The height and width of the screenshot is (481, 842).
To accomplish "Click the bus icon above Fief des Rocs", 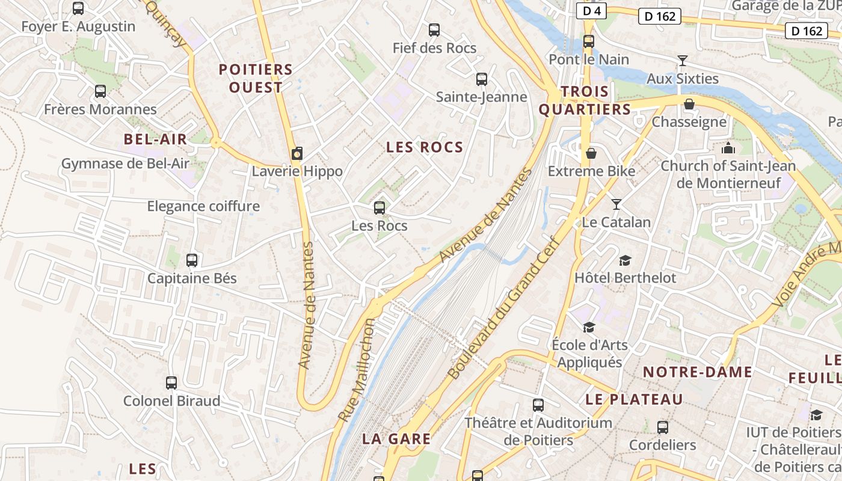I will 434,29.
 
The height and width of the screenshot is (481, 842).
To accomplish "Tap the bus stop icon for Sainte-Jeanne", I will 481,79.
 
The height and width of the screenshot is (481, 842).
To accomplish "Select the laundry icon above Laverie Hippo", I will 297,153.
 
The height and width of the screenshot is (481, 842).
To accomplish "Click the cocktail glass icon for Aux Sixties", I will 682,60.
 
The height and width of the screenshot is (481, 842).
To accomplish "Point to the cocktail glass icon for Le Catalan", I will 616,204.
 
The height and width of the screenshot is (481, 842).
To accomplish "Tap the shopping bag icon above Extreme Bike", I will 591,153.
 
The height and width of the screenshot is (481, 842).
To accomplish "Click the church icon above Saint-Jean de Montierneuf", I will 728,148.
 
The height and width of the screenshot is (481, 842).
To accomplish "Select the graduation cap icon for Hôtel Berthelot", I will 625,260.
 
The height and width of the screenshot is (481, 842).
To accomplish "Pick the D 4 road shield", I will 592,11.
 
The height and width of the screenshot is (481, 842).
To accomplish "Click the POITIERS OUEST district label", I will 256,78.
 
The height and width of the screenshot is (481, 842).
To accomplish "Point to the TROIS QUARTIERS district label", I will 585,100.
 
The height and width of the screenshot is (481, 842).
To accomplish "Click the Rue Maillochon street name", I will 357,369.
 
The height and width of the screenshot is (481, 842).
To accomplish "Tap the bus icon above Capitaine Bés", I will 192,260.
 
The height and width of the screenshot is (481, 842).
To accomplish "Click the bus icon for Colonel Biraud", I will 171,382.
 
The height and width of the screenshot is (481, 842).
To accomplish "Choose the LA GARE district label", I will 396,439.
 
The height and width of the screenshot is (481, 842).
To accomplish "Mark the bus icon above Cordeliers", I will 662,427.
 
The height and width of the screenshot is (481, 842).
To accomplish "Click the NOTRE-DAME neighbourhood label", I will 698,372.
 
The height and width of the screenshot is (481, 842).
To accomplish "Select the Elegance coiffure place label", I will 203,206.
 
